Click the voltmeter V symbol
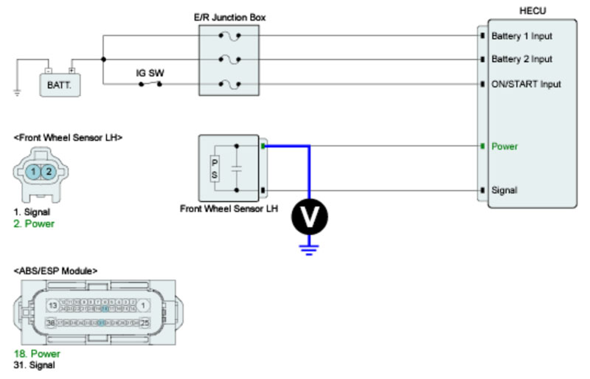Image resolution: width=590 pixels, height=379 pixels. pyautogui.click(x=309, y=215)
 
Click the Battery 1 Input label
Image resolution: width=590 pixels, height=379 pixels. pyautogui.click(x=521, y=35)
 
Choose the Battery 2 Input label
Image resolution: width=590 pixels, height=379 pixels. pyautogui.click(x=521, y=59)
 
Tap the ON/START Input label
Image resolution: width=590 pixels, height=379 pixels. pyautogui.click(x=526, y=84)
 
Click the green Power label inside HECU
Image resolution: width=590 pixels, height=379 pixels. pyautogui.click(x=504, y=146)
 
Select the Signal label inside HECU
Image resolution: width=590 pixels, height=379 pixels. pyautogui.click(x=505, y=190)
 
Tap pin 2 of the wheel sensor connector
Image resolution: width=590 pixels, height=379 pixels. pyautogui.click(x=48, y=171)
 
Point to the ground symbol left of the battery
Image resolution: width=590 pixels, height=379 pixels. pyautogui.click(x=15, y=93)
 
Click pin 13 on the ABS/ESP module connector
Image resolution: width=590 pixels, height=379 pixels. pyautogui.click(x=53, y=305)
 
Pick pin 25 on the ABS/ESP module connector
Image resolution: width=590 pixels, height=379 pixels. pyautogui.click(x=145, y=323)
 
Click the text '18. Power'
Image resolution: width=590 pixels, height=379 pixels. pyautogui.click(x=37, y=354)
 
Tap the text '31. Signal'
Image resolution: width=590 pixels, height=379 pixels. pyautogui.click(x=36, y=364)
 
